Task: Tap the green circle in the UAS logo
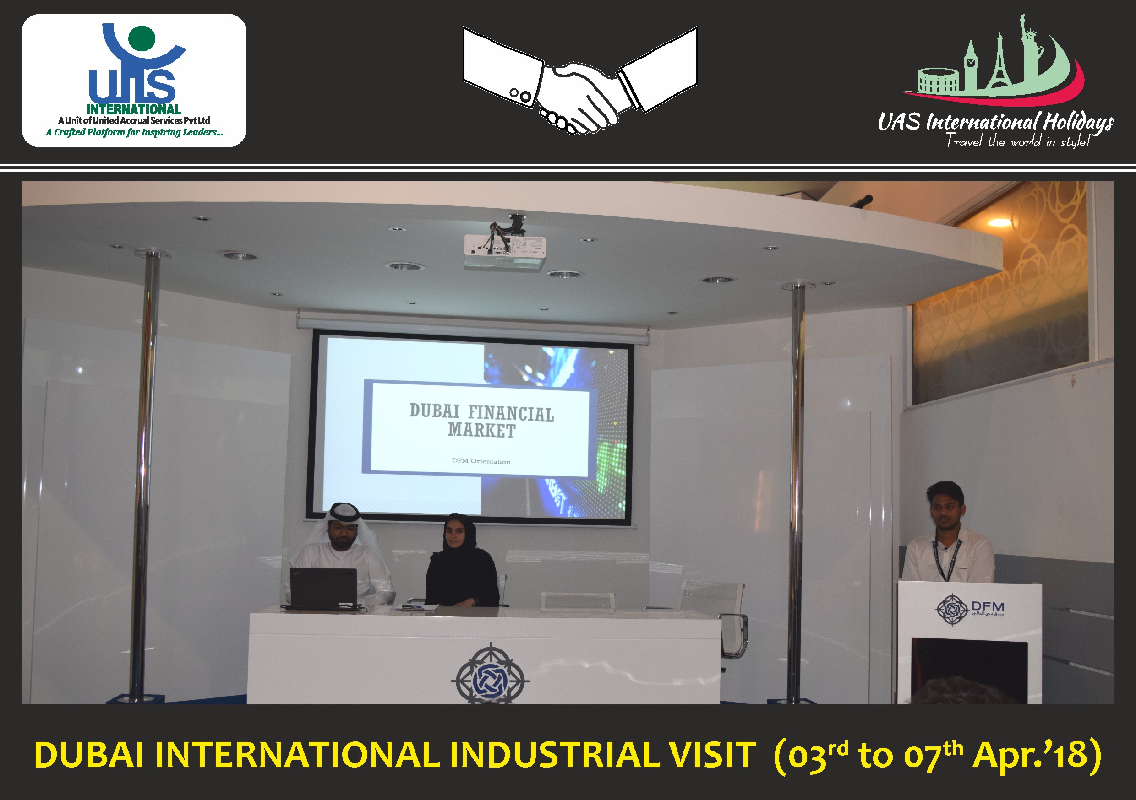pyautogui.click(x=142, y=38)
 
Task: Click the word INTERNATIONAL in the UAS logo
pyautogui.click(x=134, y=109)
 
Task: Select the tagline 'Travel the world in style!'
pyautogui.click(x=1017, y=141)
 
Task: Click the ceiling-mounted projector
pyautogui.click(x=505, y=246)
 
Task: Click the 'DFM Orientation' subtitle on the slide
pyautogui.click(x=481, y=461)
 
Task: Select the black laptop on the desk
pyautogui.click(x=324, y=589)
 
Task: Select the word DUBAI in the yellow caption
pyautogui.click(x=89, y=756)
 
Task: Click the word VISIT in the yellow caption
pyautogui.click(x=712, y=756)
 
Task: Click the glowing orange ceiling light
pyautogui.click(x=999, y=222)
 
